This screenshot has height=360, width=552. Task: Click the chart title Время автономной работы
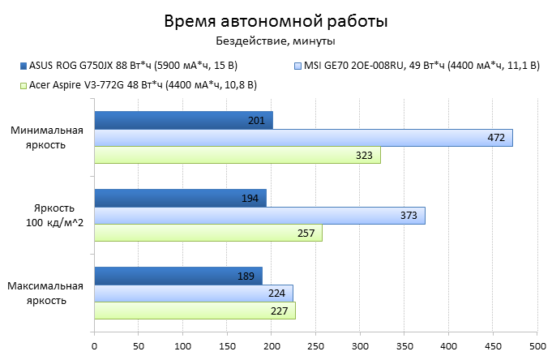point(276,20)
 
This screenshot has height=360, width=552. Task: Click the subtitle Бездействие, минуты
point(276,41)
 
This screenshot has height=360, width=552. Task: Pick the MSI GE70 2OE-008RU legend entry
point(417,65)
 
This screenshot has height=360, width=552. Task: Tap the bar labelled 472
point(303,138)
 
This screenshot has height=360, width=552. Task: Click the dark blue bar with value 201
point(183,120)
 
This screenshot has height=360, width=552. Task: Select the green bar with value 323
point(237,155)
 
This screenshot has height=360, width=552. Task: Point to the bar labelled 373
point(259,216)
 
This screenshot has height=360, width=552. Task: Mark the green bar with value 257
point(208,233)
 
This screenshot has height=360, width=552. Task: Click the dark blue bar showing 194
point(180,198)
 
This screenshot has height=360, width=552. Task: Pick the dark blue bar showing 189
point(178,276)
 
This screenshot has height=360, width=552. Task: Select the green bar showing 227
point(195,311)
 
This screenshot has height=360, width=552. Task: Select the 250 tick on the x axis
point(315,345)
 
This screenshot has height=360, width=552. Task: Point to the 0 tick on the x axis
point(94,345)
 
